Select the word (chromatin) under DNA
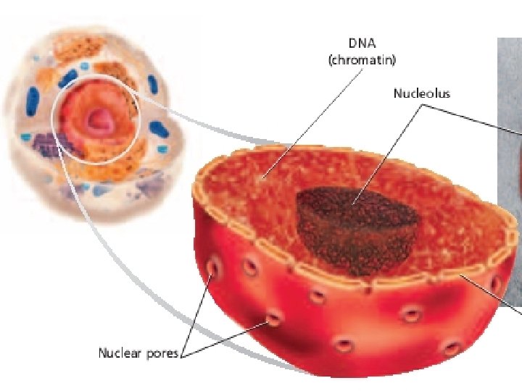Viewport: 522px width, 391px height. pos(362,61)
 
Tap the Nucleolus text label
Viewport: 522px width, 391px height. pos(421,93)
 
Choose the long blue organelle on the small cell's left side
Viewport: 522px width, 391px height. pos(31,101)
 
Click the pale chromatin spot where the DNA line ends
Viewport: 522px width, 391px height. pos(265,175)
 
